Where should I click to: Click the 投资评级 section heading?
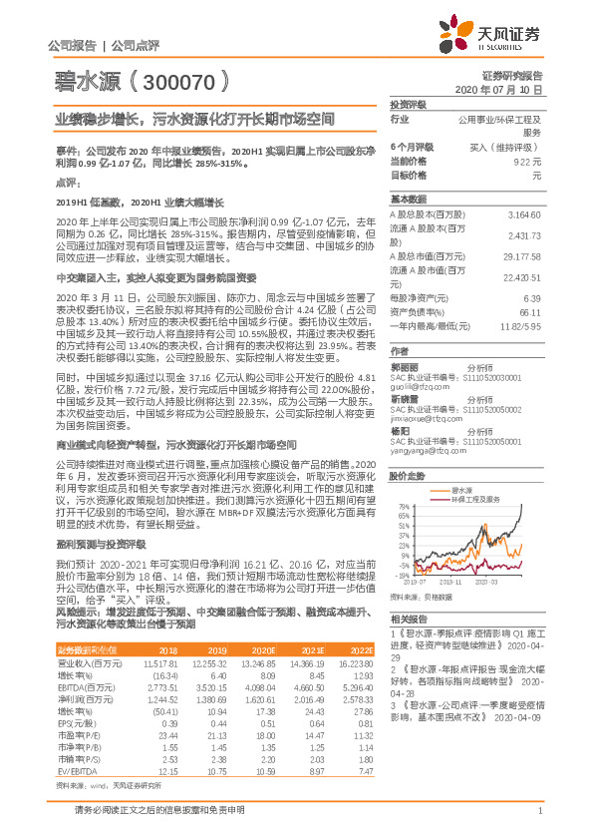(x=409, y=104)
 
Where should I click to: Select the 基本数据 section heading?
(x=409, y=198)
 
